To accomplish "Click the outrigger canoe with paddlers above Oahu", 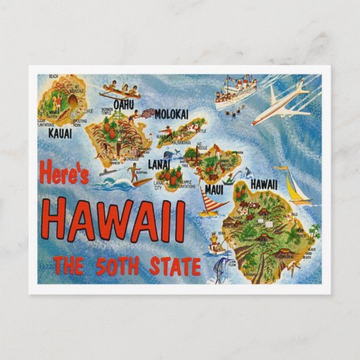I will (x=120, y=91).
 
